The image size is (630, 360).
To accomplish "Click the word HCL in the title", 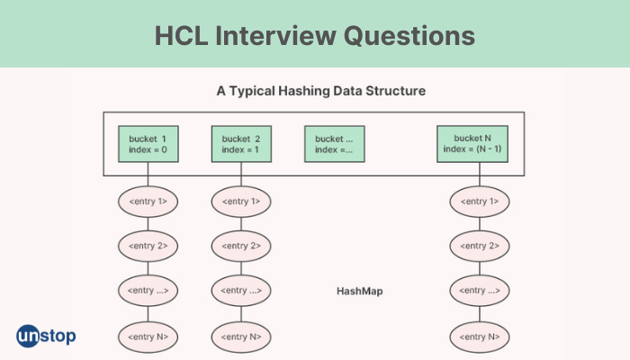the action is coord(181,36).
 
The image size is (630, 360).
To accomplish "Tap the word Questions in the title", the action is coord(409,36).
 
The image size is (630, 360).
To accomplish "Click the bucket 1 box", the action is coord(148,144).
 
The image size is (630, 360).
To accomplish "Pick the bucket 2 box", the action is coord(241,144).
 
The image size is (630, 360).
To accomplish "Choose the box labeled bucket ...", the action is coord(335,144).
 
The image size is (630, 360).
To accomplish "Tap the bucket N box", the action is coord(472,144).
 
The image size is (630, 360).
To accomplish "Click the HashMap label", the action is coord(360,292).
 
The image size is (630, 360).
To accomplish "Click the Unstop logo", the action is coord(46,336).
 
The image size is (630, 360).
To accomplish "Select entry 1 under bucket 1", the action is coord(148,202).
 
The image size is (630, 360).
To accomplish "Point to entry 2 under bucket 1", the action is coord(148,246).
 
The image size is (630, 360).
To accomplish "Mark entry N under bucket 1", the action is coord(148,337).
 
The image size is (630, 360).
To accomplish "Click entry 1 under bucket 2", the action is coord(241,202).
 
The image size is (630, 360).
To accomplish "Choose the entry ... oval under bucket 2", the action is coord(241,291).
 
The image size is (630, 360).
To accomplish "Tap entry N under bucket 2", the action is coord(241,337).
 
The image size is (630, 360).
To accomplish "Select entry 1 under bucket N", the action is coord(480,202).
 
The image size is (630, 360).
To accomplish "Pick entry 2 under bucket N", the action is coord(480,246).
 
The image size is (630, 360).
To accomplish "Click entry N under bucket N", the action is coord(480,337).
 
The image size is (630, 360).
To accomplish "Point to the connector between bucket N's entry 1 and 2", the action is coord(480,224).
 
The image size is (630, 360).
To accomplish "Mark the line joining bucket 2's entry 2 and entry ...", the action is coord(241,268).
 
